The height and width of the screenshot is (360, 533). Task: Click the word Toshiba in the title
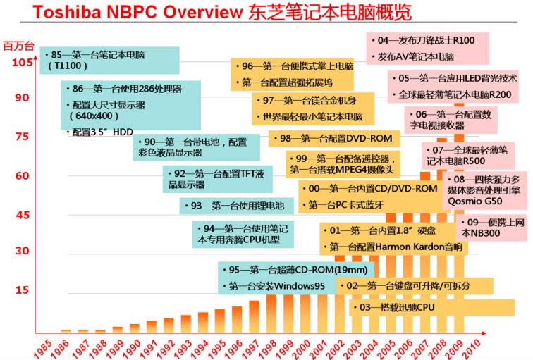pos(67,12)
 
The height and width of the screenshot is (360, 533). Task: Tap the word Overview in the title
pos(203,12)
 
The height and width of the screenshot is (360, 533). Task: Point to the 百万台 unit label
pos(19,46)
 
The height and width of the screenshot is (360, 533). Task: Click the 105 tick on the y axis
pos(23,63)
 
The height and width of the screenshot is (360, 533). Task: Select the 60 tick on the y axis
pos(22,176)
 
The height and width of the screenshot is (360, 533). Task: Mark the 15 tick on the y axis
pos(22,290)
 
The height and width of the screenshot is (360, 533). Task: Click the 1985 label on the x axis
pos(43,349)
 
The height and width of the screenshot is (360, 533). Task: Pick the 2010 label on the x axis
pos(471,349)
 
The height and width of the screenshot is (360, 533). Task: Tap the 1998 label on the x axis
pos(266,349)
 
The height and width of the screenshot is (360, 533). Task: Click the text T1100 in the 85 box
pos(68,66)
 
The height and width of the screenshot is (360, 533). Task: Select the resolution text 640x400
pos(94,116)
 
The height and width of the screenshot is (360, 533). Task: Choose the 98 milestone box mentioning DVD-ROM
pos(334,139)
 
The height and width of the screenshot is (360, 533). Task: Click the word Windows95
pos(300,286)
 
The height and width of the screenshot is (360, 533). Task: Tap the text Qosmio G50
pos(475,201)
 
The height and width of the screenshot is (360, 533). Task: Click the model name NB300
pos(485,233)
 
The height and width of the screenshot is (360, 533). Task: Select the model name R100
pos(464,40)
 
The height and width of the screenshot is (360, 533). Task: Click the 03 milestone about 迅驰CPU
pos(431,308)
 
